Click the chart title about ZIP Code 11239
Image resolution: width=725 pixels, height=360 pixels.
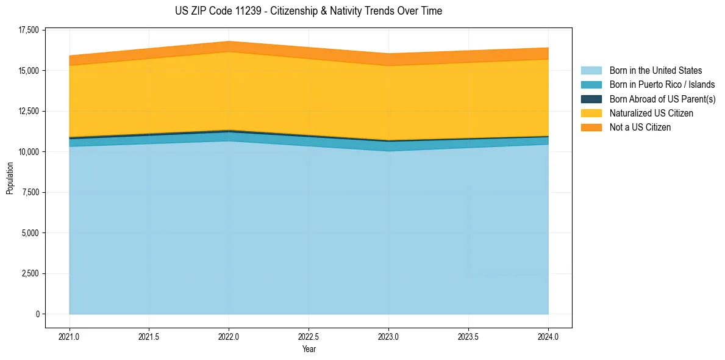click(x=308, y=11)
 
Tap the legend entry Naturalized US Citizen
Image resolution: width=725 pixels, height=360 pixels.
click(x=651, y=113)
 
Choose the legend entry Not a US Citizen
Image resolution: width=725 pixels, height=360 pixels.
click(x=640, y=128)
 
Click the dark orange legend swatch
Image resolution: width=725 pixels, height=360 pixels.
click(x=591, y=128)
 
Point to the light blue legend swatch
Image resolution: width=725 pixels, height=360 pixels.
click(x=591, y=71)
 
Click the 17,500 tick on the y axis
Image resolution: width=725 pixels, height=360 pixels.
click(x=27, y=30)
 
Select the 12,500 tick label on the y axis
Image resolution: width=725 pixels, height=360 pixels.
click(x=27, y=111)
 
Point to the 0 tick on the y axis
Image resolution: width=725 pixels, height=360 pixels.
click(x=37, y=314)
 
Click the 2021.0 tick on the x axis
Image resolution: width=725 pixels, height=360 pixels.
click(x=70, y=336)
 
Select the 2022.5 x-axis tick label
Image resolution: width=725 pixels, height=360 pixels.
click(x=309, y=336)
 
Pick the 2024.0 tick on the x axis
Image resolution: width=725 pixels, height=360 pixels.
click(x=548, y=336)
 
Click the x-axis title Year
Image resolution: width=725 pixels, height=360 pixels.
click(x=309, y=350)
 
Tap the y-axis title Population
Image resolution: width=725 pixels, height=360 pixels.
click(x=10, y=179)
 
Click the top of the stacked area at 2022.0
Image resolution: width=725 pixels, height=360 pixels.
click(x=229, y=41)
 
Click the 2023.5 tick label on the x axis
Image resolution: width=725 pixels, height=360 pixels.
click(x=468, y=336)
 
